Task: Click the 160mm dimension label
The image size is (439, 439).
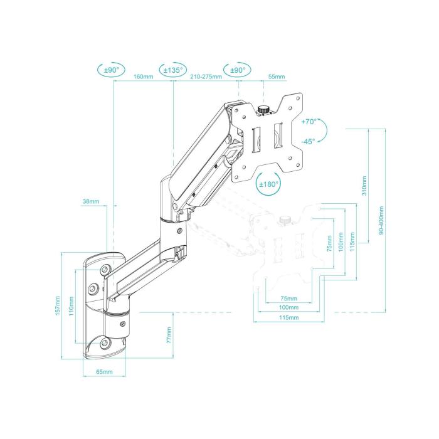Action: point(144,77)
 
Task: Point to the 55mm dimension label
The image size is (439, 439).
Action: point(276,77)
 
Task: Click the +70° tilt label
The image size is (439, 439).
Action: point(309,122)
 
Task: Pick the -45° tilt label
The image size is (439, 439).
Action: point(308,142)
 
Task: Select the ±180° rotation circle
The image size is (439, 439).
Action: point(269,184)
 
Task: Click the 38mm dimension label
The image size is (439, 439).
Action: point(90,202)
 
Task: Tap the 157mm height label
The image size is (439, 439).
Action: point(58,305)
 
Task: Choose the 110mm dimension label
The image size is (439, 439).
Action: point(70,305)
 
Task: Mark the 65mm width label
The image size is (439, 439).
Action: point(104,372)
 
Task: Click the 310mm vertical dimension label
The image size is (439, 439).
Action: point(366,185)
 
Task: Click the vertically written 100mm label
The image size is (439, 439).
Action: point(340,243)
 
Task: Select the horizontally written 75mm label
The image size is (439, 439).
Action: point(288,299)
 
